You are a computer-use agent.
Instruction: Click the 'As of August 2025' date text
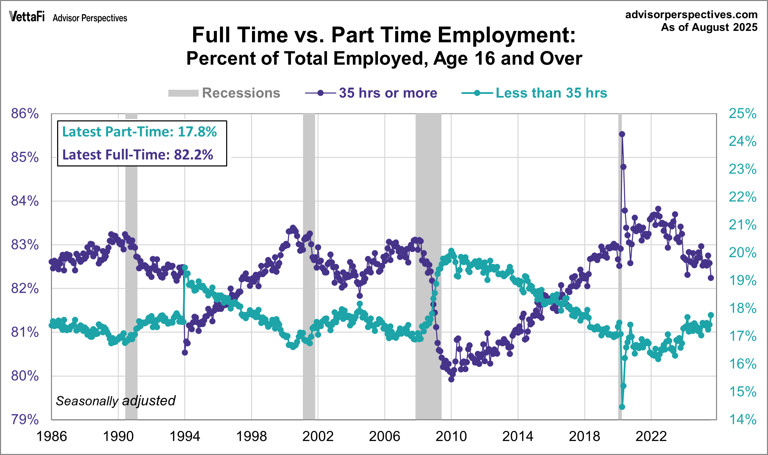tap(709, 27)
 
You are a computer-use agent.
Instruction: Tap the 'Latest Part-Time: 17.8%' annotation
tap(139, 132)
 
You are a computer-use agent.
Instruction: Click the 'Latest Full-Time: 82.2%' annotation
tap(138, 155)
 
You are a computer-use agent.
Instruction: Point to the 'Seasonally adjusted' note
tap(116, 401)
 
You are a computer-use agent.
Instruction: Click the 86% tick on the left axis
tap(25, 113)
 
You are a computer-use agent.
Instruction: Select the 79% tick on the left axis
tap(25, 420)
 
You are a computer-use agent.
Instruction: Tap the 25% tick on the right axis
tap(743, 113)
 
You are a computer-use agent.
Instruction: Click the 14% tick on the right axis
tap(743, 420)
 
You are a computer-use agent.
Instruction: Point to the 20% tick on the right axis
tap(743, 253)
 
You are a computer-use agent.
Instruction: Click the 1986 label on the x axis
tap(52, 436)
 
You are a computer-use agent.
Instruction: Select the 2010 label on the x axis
tap(451, 436)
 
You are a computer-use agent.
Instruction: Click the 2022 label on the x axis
tap(651, 436)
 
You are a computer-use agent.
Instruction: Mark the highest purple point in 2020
tap(622, 134)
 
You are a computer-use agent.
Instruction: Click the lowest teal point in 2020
tap(622, 407)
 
